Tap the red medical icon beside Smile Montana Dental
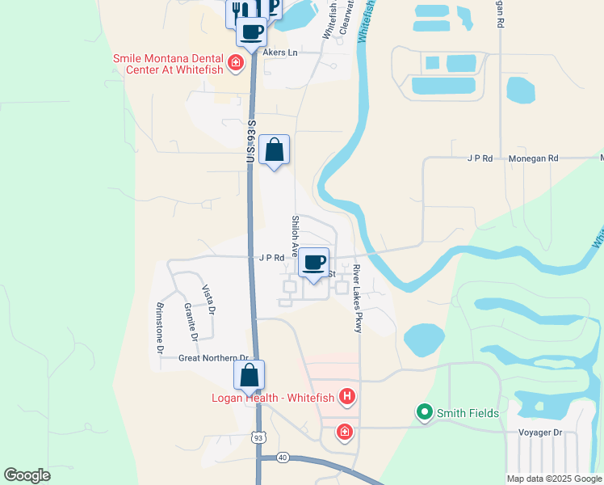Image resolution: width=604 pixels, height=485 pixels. click(x=236, y=63)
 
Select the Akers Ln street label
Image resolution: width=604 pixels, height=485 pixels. click(x=279, y=53)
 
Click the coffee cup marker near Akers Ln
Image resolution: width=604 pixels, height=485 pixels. click(x=251, y=32)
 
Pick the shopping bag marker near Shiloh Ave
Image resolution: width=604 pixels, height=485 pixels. click(x=275, y=150)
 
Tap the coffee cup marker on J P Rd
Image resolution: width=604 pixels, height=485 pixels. click(x=314, y=263)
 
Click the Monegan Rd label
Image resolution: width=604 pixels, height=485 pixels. click(x=533, y=159)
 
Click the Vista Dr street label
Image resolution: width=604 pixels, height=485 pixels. click(x=208, y=300)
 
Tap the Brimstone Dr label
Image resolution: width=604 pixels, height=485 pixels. click(x=158, y=329)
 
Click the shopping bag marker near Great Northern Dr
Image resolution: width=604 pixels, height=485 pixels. click(x=250, y=376)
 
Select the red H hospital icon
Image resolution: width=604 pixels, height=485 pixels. click(x=347, y=396)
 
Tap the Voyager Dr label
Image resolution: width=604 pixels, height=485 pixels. click(x=539, y=432)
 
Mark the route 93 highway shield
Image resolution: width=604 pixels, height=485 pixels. click(x=258, y=437)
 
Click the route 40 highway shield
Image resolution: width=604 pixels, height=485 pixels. click(x=282, y=457)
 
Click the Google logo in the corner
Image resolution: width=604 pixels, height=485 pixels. click(x=27, y=475)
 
